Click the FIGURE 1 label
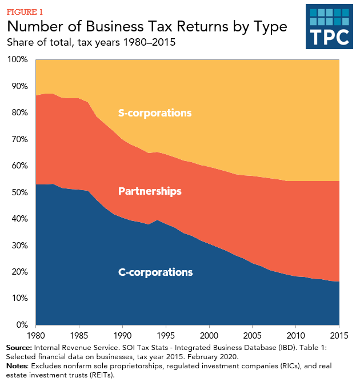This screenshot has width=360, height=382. coord(25,11)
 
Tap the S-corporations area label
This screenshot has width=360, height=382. coord(154,113)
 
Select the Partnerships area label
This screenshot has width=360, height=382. coord(150,191)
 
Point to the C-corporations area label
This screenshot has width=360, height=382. coord(155,272)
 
